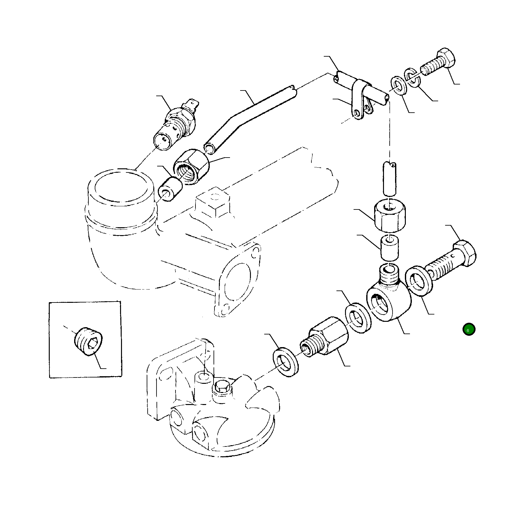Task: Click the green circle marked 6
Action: pyautogui.click(x=469, y=329)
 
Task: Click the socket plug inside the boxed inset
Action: pyautogui.click(x=88, y=341)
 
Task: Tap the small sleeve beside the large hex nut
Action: pyautogui.click(x=170, y=189)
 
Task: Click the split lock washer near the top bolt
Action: pyautogui.click(x=412, y=78)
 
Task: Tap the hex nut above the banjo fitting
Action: pyautogui.click(x=390, y=215)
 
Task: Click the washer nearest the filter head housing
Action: pyautogui.click(x=285, y=363)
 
